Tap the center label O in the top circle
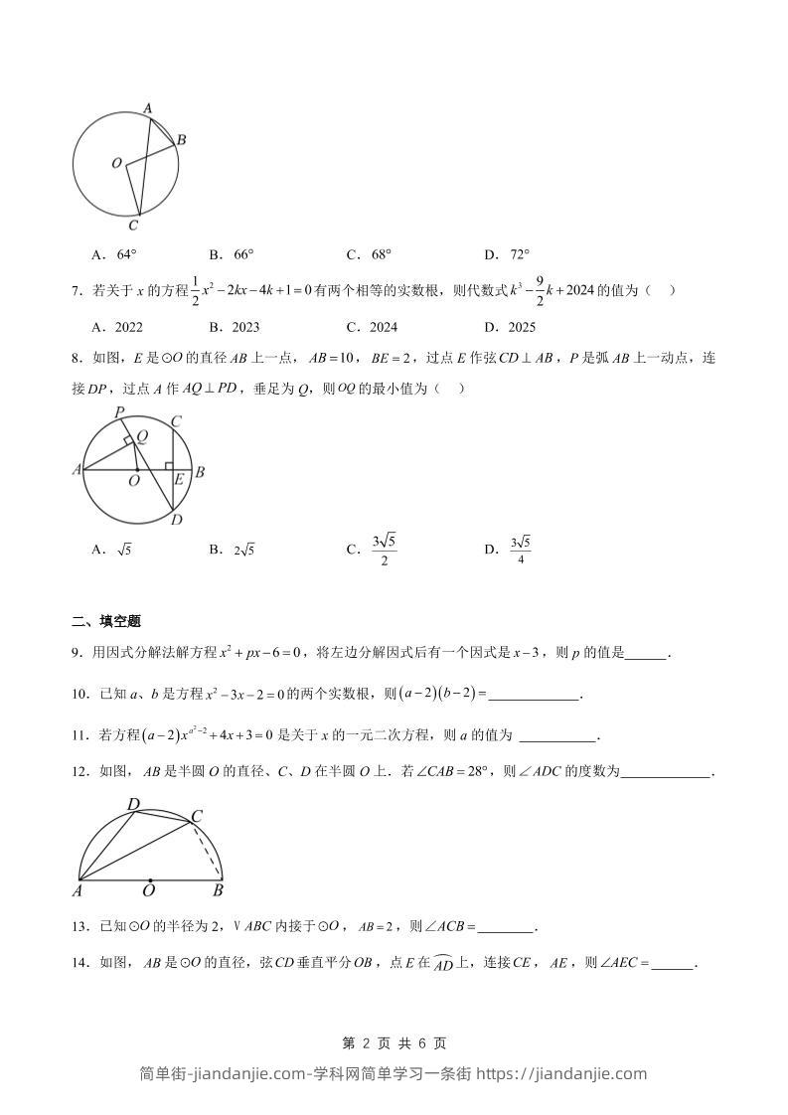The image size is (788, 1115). tap(116, 163)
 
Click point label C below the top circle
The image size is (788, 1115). tap(133, 226)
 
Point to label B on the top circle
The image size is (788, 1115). tap(182, 140)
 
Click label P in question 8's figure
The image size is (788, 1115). tap(118, 411)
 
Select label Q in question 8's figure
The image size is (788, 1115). tap(142, 434)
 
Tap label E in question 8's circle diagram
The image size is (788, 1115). tap(179, 479)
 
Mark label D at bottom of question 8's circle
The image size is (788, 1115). tap(176, 520)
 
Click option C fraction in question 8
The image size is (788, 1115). tap(384, 550)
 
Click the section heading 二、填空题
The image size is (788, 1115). tap(106, 621)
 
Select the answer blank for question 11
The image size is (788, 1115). tap(558, 735)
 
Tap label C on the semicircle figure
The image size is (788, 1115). tap(197, 816)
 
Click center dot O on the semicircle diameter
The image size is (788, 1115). tap(150, 879)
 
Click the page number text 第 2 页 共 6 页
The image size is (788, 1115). tap(394, 1042)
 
